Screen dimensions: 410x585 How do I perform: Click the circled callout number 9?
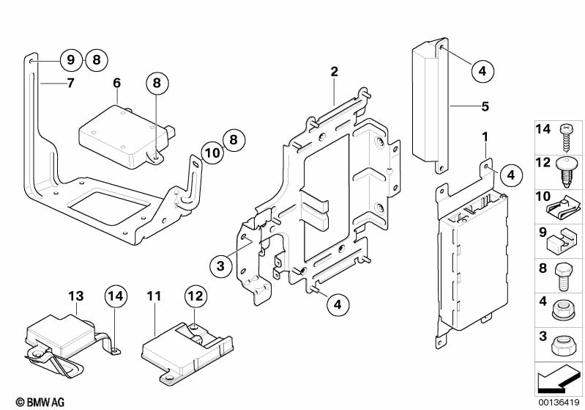click(x=70, y=60)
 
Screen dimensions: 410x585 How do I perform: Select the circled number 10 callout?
click(x=212, y=153)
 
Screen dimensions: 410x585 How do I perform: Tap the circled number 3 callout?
click(x=220, y=266)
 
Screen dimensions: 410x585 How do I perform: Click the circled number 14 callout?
click(x=115, y=297)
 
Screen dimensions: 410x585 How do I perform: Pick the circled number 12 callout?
click(x=195, y=297)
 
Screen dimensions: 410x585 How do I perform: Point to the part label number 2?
click(x=334, y=72)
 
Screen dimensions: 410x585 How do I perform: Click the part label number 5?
click(x=485, y=106)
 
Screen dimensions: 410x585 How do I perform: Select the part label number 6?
click(x=116, y=83)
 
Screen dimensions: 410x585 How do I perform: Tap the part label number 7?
click(x=70, y=83)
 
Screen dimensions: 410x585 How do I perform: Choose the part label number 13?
click(x=76, y=296)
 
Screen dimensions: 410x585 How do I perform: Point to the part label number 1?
click(x=485, y=136)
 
